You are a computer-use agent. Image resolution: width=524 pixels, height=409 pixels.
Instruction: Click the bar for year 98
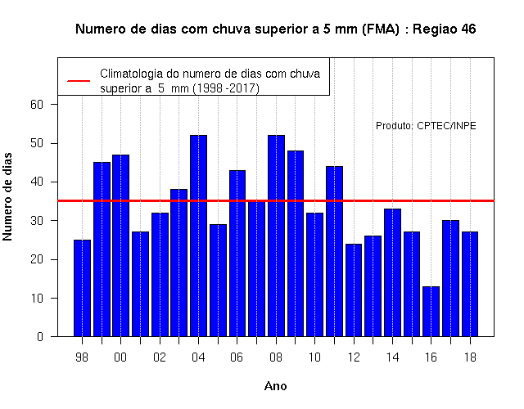(82, 288)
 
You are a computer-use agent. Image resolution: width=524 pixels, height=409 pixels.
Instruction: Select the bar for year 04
(198, 236)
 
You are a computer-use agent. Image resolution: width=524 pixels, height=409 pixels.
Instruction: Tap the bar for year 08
(277, 236)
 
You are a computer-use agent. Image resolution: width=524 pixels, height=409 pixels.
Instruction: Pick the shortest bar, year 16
(431, 312)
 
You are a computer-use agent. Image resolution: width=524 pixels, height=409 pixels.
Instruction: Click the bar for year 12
(354, 290)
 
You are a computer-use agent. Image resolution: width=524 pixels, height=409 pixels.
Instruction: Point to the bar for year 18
(470, 284)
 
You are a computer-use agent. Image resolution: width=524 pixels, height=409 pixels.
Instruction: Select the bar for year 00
(121, 245)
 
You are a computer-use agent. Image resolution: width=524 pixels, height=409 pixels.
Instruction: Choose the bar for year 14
(392, 272)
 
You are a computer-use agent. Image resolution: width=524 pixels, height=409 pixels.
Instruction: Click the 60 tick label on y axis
(37, 105)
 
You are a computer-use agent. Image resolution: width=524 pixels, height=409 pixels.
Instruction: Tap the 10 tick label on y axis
(37, 298)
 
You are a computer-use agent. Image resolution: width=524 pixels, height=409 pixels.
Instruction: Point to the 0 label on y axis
(40, 336)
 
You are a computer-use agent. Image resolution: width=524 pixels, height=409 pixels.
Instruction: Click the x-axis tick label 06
(237, 357)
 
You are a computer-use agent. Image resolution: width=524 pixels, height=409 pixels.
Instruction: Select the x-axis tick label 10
(314, 357)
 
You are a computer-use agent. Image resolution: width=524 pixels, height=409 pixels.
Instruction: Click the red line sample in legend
(79, 81)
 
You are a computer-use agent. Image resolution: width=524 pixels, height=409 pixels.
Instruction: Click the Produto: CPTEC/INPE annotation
(426, 125)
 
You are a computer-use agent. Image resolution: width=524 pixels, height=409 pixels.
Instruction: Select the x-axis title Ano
(275, 386)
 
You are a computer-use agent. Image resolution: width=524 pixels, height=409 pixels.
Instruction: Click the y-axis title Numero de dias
(7, 196)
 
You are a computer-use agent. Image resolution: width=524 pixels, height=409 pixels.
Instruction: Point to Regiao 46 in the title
(444, 29)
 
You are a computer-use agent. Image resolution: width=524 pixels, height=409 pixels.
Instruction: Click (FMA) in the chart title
(380, 29)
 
